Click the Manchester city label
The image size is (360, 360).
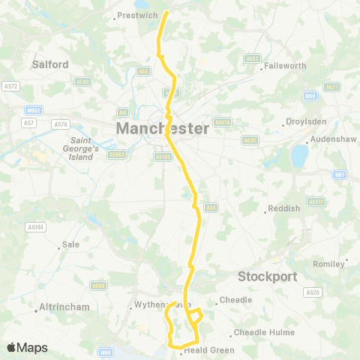163,129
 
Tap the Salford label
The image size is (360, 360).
50,64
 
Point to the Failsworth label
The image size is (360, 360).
285,66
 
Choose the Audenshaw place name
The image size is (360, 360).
331,140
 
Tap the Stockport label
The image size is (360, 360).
269,276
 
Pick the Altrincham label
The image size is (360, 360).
66,307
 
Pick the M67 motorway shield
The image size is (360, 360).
340,175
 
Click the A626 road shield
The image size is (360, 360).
313,292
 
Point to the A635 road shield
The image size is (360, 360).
250,139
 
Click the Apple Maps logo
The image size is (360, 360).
27,347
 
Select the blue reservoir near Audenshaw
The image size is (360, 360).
299,156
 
